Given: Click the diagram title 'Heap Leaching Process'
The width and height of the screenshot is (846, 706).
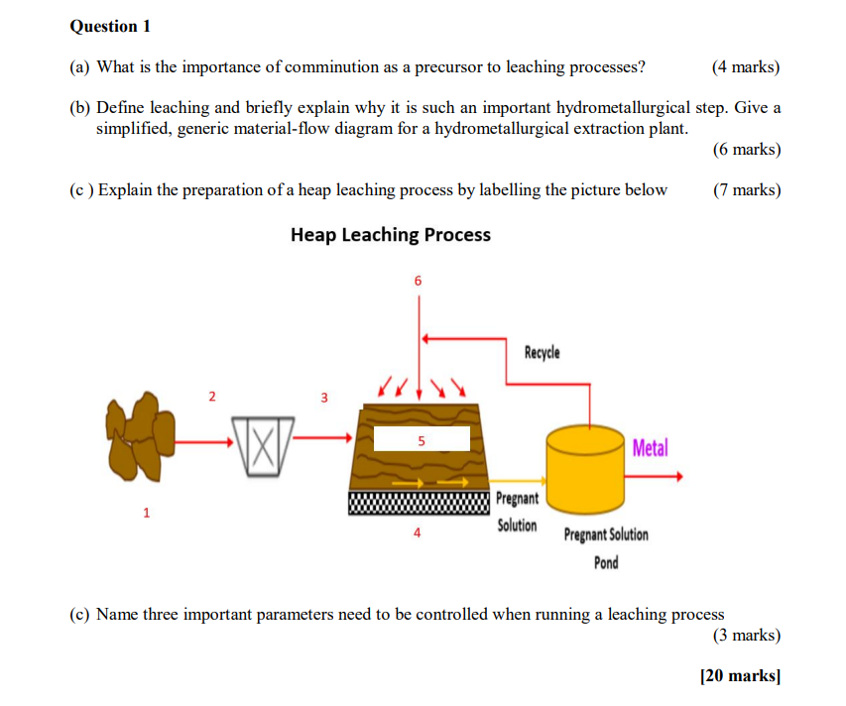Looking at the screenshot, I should click(390, 235).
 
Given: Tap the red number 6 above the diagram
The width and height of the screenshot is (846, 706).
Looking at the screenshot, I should click(418, 282).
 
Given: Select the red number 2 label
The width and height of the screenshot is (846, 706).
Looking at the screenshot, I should click(210, 398).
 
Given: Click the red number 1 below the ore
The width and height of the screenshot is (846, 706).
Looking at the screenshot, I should click(147, 513).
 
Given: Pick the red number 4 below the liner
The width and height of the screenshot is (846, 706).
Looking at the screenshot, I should click(418, 532).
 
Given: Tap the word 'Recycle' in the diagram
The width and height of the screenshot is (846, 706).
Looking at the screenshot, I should click(542, 353).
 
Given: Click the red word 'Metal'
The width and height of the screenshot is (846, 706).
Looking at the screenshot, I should click(650, 448).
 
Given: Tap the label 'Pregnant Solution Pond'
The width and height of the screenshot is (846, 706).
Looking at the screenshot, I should click(606, 548).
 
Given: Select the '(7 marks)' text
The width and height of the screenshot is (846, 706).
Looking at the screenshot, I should click(746, 189).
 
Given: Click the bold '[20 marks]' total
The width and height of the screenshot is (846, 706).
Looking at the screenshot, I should click(740, 676).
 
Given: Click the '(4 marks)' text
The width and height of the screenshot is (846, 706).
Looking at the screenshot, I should click(746, 67).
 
